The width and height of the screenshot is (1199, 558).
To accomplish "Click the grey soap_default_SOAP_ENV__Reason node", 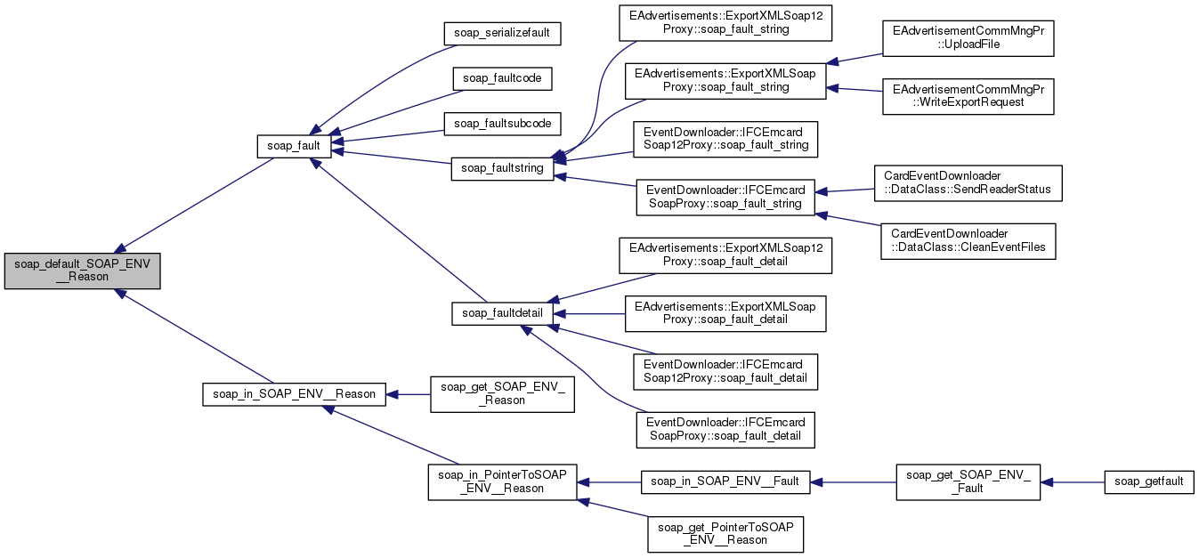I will (x=82, y=270).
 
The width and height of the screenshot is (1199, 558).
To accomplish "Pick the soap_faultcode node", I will (x=502, y=78).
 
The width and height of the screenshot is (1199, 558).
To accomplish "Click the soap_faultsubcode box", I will (x=502, y=123).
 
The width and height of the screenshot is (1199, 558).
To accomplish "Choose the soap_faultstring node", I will (x=503, y=168).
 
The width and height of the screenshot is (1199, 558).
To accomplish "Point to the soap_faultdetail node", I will (x=503, y=313).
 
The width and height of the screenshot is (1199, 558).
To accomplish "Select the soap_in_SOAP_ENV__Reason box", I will (x=294, y=393).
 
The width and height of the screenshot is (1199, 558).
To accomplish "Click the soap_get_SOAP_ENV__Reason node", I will (x=502, y=393).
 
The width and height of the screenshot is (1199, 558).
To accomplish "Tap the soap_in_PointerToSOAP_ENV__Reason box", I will (x=503, y=481).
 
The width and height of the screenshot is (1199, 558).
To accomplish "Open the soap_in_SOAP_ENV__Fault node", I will (x=725, y=481).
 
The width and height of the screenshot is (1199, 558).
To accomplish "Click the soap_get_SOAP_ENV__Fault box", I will (x=968, y=481).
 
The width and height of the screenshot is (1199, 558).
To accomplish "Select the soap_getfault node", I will (x=1148, y=481).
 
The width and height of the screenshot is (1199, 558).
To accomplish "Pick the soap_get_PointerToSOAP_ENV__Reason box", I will (x=725, y=533).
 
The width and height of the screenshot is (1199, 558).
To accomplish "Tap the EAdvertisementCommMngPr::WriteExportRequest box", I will (x=968, y=95).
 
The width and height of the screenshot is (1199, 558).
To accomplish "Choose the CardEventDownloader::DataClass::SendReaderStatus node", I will (x=968, y=183).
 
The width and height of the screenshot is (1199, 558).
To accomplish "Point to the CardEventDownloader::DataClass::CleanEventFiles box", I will (x=968, y=241).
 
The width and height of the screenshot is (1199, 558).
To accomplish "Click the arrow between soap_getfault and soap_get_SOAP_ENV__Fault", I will (x=1072, y=481).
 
